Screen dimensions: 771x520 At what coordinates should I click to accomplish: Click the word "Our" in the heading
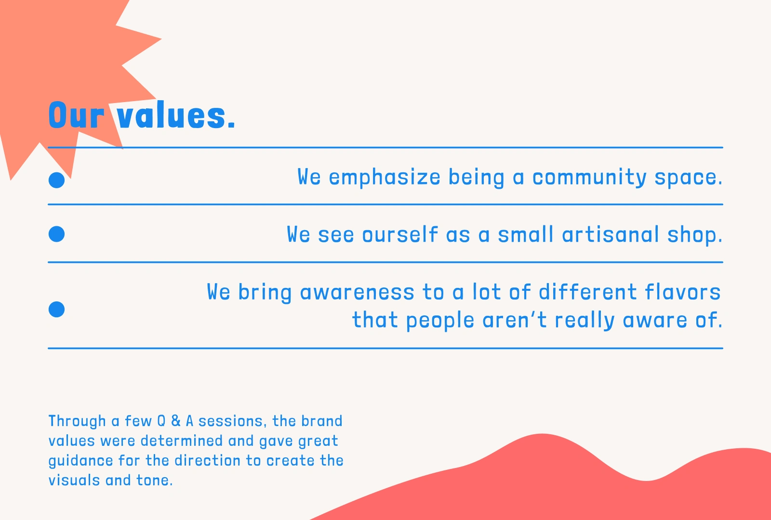[76, 115]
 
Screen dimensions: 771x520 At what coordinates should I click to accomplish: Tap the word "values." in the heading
[175, 115]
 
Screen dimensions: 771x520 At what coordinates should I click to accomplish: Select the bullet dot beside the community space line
[56, 180]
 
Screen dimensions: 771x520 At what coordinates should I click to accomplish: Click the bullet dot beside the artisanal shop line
[56, 234]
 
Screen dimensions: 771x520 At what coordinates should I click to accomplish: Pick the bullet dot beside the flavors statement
[56, 309]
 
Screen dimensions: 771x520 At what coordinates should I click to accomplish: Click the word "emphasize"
[385, 178]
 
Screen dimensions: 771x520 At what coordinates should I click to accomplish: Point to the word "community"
[589, 178]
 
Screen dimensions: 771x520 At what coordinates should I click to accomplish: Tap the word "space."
[688, 178]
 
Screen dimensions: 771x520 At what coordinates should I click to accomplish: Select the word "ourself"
[400, 234]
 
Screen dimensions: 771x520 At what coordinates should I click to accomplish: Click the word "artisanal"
[611, 234]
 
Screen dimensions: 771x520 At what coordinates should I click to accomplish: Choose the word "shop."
[694, 235]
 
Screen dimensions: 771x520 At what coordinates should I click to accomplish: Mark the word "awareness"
[357, 293]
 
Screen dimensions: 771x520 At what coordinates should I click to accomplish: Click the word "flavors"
[682, 292]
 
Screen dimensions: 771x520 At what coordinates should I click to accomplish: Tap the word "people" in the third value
[440, 321]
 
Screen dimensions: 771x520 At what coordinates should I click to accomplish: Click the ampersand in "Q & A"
[176, 421]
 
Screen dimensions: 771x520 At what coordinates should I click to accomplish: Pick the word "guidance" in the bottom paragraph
[80, 461]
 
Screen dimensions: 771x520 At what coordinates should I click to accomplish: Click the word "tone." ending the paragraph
[155, 481]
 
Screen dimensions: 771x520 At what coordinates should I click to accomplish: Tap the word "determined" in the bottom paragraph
[182, 441]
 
